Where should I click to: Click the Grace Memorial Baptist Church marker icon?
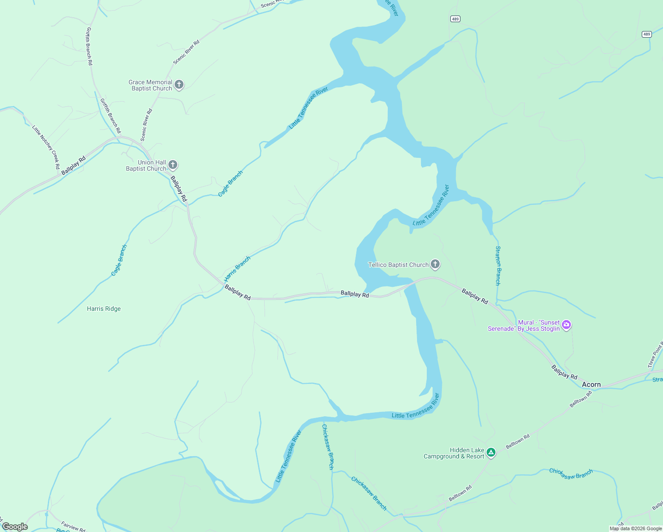(179, 85)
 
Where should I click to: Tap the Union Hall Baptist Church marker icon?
(173, 165)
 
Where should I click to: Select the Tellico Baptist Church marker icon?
(435, 265)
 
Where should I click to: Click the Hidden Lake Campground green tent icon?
(491, 453)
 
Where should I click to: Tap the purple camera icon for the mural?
(566, 325)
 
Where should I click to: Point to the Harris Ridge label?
(104, 309)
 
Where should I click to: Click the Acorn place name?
(591, 384)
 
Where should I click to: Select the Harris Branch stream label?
(238, 269)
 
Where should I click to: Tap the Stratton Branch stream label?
(498, 266)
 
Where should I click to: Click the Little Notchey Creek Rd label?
(46, 147)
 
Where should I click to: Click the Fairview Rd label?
(73, 526)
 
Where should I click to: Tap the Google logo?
(15, 527)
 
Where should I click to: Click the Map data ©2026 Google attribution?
(635, 528)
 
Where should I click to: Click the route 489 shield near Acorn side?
(647, 34)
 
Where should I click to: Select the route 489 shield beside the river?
(455, 19)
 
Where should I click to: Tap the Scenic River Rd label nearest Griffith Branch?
(146, 125)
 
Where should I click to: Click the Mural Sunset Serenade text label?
(524, 325)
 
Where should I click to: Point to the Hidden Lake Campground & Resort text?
(454, 453)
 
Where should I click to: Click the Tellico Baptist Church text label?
(398, 265)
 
